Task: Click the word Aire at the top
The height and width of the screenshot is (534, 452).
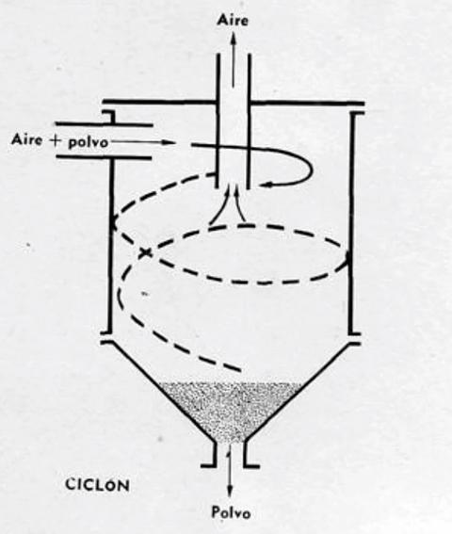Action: [233, 21]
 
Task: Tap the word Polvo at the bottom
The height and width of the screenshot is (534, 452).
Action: [231, 511]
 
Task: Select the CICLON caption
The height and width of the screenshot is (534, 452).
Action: [97, 485]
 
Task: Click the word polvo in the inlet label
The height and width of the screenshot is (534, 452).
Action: [89, 142]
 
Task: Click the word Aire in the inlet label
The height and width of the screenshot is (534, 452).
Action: [28, 139]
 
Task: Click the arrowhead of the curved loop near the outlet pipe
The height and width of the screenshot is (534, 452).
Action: [263, 185]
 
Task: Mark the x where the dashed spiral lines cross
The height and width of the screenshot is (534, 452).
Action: [145, 252]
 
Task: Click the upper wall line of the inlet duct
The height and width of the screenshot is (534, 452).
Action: [104, 124]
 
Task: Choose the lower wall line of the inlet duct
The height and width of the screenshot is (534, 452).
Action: [104, 157]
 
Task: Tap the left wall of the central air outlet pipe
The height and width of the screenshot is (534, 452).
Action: [218, 121]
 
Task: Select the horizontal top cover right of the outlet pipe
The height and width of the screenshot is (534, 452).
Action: [308, 102]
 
